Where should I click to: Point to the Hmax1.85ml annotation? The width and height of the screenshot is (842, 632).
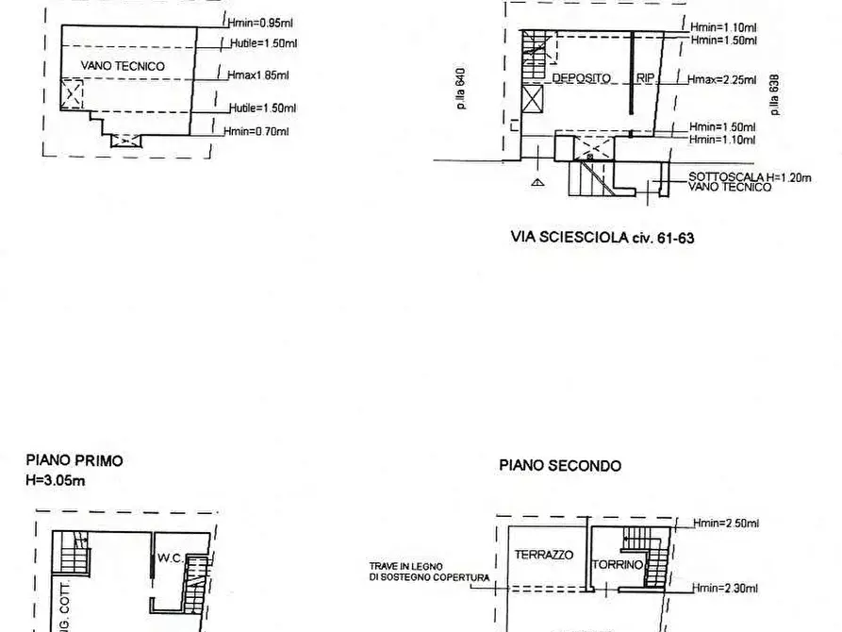coord(258,75)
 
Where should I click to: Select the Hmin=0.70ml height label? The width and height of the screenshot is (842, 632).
coord(256,132)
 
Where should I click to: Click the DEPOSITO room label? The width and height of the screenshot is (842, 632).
coord(581,78)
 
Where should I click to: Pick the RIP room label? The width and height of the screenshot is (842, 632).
coord(645,78)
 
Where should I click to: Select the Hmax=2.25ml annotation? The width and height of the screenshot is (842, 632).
coord(722,79)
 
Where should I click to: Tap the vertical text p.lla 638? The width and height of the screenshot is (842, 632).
coord(774,95)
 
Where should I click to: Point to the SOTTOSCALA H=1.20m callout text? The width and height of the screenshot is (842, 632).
coord(750,177)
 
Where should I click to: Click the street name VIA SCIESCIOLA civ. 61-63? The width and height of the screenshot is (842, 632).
coord(602,238)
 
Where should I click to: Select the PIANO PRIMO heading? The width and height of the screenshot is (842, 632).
coord(74,461)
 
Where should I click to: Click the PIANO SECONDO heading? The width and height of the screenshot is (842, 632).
coord(560,465)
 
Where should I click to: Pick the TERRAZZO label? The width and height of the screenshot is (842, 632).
coord(543,556)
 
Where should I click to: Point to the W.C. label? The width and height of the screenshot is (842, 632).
coord(171,557)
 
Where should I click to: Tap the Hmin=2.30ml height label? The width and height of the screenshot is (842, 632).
coord(724,588)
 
